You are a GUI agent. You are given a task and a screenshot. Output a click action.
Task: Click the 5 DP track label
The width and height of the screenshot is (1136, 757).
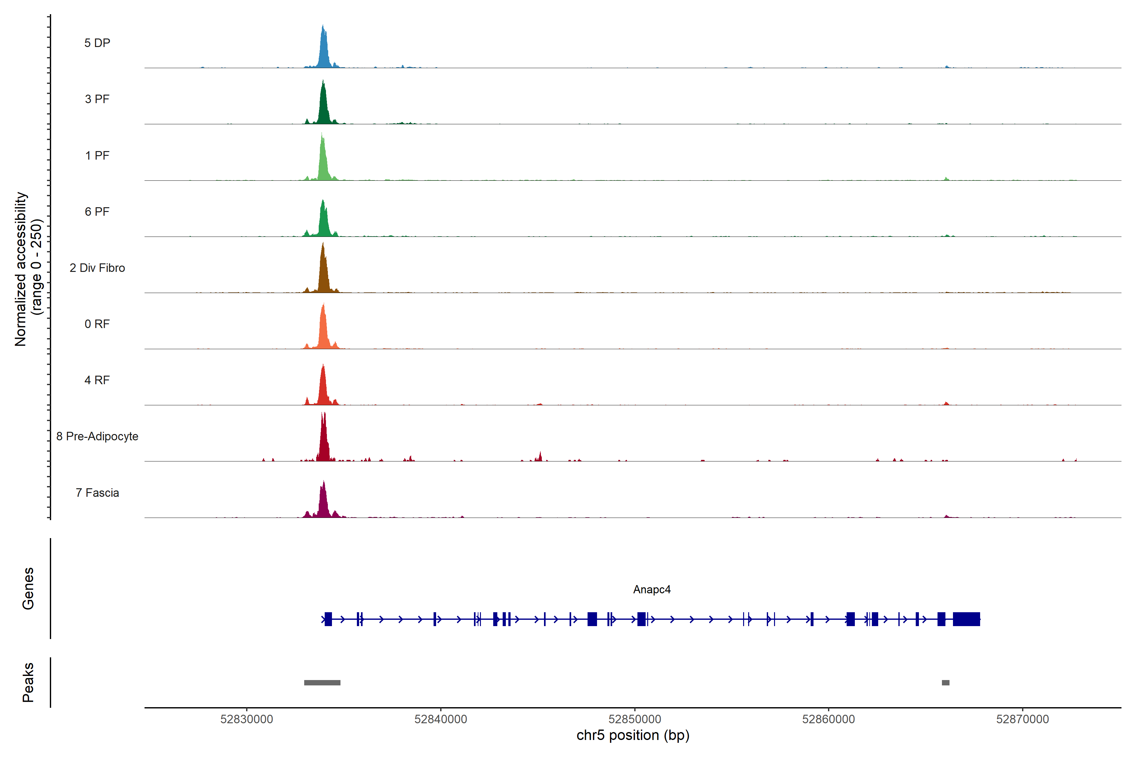(97, 43)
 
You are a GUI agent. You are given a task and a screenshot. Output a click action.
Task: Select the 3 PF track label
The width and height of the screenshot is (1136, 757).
(97, 99)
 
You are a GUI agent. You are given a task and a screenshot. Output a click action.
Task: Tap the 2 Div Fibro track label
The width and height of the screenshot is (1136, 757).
(97, 268)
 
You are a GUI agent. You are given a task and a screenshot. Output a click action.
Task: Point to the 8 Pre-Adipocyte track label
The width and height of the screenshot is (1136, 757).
(97, 437)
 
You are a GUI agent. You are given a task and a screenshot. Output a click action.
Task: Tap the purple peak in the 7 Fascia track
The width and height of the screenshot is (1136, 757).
(324, 502)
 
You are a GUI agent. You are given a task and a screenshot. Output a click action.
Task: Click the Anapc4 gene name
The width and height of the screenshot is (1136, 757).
(652, 590)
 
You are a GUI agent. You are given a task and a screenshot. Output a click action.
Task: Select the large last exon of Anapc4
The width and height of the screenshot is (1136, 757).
(966, 619)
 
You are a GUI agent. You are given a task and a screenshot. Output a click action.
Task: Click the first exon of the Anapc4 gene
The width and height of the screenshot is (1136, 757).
(328, 619)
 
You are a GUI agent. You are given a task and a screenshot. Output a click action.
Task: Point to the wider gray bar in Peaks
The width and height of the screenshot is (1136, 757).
(322, 683)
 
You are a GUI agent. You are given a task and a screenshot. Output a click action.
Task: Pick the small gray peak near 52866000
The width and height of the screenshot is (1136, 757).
(946, 683)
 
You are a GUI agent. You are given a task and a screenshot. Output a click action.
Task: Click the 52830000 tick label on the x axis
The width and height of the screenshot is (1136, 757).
(247, 719)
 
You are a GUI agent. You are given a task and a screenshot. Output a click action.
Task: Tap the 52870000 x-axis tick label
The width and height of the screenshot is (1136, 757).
(1022, 719)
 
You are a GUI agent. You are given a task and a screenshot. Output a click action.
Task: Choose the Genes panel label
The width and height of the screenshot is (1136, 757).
(28, 589)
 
